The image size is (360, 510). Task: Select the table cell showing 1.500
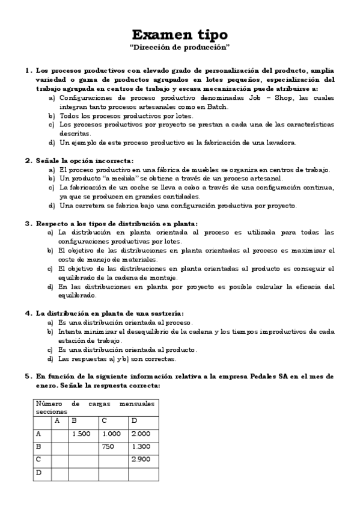tap(81, 434)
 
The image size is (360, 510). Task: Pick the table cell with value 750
tap(108, 446)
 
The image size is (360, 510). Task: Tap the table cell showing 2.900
tap(141, 459)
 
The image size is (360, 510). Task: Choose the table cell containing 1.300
tap(141, 446)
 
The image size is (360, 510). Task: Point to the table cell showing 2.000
tap(141, 434)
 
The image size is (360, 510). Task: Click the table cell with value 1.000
tap(112, 434)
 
